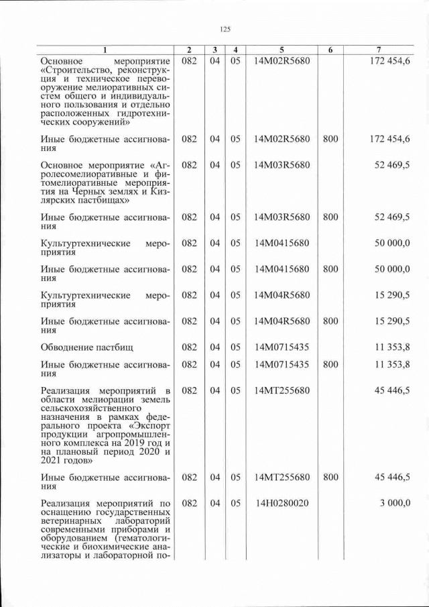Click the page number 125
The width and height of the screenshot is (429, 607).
point(225,29)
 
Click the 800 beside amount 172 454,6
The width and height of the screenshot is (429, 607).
point(330,139)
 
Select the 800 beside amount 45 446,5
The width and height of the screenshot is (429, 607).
point(330,478)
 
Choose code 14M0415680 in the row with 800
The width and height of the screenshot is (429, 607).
point(282,269)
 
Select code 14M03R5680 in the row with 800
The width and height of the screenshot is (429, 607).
point(282,217)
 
